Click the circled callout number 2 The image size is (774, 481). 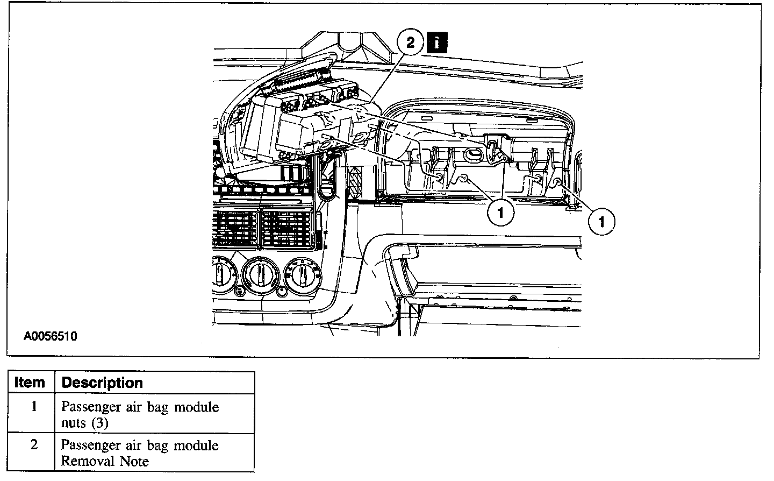[411, 43]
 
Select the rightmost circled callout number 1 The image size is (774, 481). [601, 221]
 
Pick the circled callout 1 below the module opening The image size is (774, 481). [500, 214]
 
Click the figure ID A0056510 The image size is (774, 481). [50, 337]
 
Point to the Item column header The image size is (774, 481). [30, 383]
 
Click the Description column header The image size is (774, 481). [102, 383]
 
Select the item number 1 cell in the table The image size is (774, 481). [33, 406]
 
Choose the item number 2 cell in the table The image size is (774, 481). [33, 445]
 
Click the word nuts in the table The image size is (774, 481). [73, 423]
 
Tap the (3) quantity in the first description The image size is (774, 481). [99, 423]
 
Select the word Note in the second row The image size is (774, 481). [134, 461]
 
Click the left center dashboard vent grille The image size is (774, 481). [235, 227]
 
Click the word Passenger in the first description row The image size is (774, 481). [88, 407]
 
